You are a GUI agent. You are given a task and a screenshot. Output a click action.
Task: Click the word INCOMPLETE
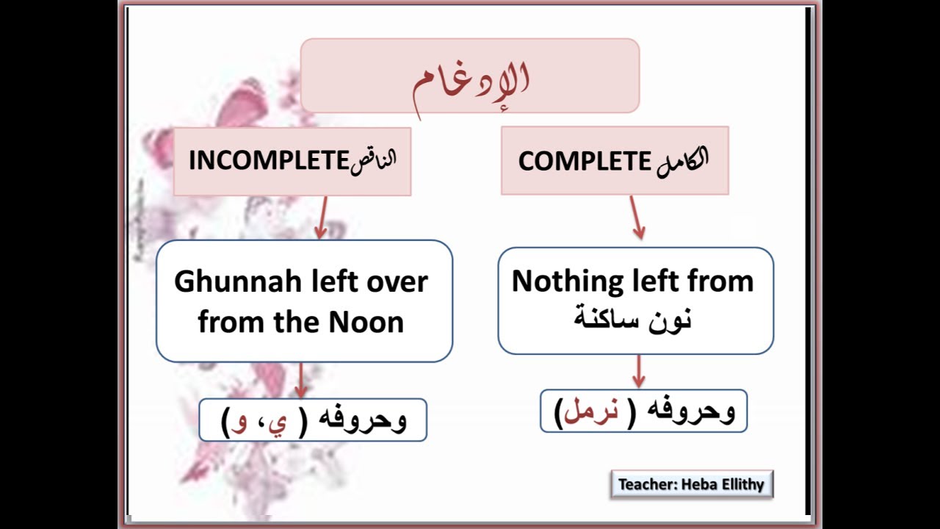pos(267,160)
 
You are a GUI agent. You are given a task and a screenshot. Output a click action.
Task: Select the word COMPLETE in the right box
pos(585,161)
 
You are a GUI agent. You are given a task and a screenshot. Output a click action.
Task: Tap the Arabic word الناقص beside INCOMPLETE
pos(372,160)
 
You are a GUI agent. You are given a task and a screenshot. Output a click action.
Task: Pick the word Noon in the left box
pos(366,322)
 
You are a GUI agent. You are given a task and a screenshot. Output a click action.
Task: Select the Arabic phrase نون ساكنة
pos(633,320)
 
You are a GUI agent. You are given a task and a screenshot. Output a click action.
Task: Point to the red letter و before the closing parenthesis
pos(239,423)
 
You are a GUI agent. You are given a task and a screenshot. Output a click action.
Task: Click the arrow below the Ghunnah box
pos(302,381)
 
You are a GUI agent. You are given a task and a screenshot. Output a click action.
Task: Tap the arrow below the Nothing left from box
pos(638,372)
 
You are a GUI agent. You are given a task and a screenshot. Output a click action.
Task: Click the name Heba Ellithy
pos(726,484)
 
